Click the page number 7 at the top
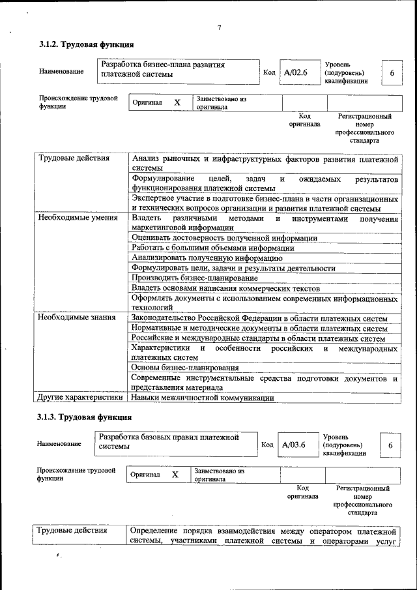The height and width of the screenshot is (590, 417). point(220,27)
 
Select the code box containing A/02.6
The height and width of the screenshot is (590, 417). point(295,73)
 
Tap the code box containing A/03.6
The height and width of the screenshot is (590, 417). point(294,445)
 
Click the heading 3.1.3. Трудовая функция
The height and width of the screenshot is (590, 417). point(85,417)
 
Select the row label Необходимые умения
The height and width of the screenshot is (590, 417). point(78,218)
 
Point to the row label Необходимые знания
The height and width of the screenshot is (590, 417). point(77,317)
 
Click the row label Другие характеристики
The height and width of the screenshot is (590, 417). point(79,397)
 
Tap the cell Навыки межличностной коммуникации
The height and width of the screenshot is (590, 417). point(202,397)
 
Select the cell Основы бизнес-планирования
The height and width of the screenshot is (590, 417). point(184,368)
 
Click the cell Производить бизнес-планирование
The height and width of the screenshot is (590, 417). point(194,278)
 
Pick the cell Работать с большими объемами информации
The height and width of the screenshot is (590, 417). point(212,248)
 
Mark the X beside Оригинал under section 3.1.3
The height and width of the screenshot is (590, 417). point(175,475)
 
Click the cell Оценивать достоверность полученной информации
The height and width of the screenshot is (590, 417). point(224,238)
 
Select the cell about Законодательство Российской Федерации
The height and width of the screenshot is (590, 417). point(259,318)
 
